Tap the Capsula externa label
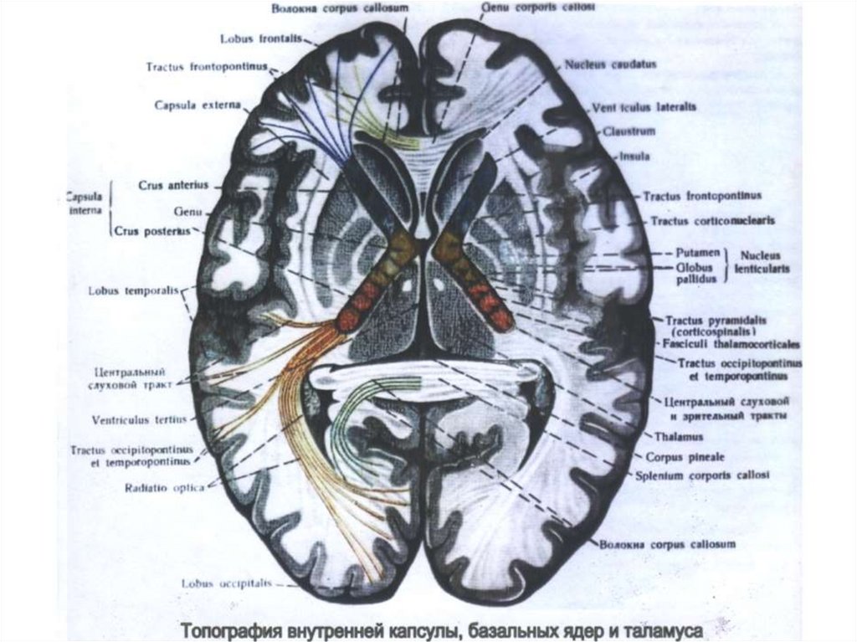click(x=197, y=105)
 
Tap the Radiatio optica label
click(x=164, y=487)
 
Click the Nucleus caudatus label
click(x=610, y=64)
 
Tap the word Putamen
click(x=696, y=251)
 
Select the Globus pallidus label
click(x=696, y=273)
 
